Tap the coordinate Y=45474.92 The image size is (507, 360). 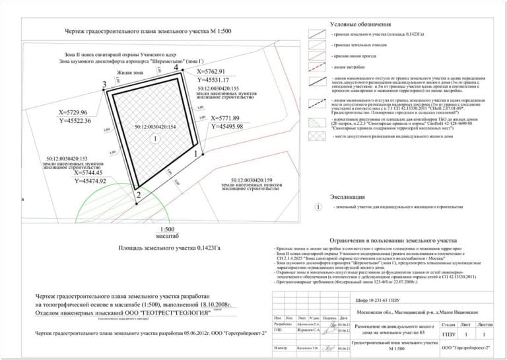point(100,180)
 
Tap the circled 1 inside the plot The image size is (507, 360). point(154,139)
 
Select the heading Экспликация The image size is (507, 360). point(347,197)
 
